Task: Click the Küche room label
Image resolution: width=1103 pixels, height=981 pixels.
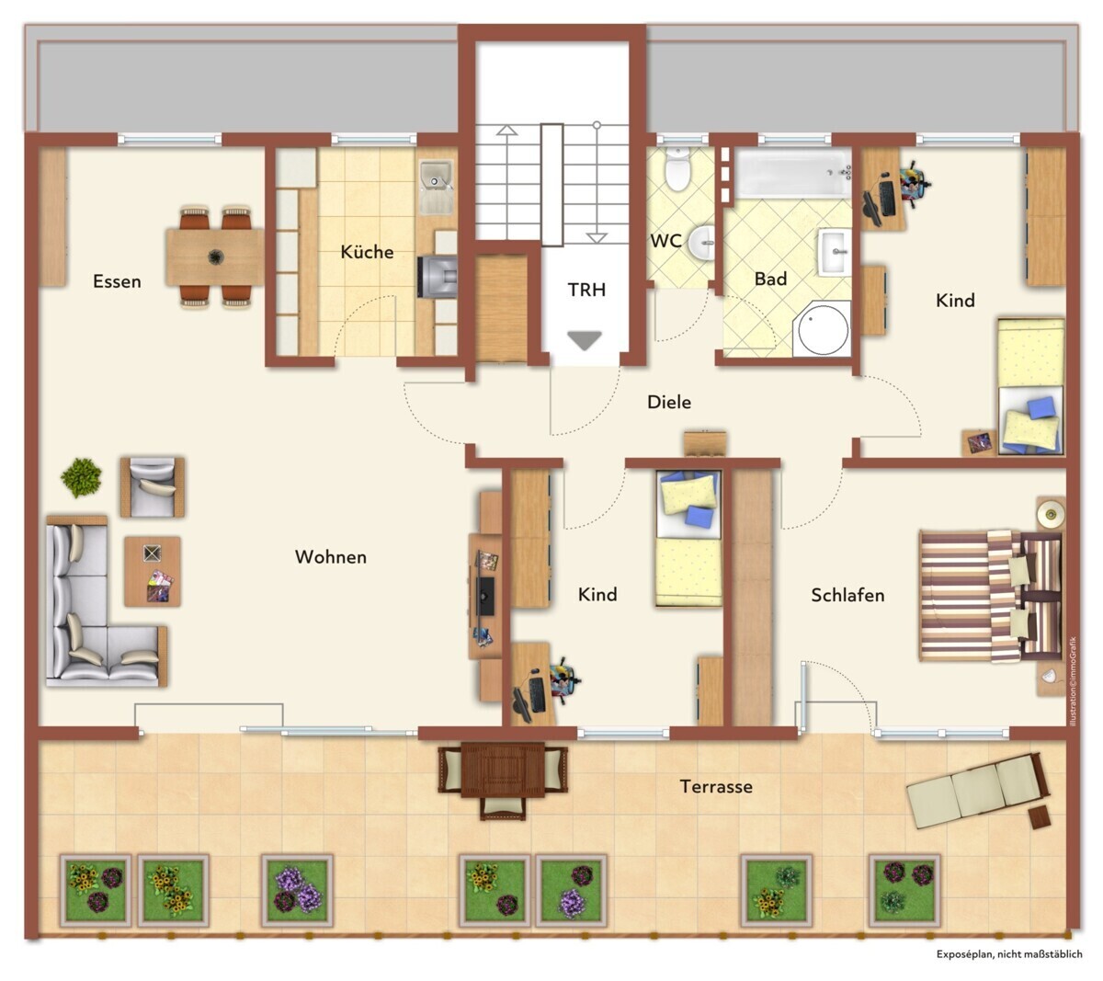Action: (x=367, y=252)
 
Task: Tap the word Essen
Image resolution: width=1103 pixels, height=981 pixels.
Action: (x=117, y=281)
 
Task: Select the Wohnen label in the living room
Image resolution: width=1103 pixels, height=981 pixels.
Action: (x=331, y=556)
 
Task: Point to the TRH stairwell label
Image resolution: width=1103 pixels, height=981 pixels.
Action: (x=586, y=290)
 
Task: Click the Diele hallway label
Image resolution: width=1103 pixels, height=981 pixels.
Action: (x=669, y=402)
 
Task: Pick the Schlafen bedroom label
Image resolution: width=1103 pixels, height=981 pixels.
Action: (x=847, y=595)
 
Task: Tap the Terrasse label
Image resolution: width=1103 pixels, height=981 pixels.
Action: (x=716, y=786)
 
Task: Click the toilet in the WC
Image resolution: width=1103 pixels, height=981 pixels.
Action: (x=677, y=169)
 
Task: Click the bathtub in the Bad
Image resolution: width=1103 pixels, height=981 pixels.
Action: (x=793, y=173)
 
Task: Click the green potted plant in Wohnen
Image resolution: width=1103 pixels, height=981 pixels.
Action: (x=81, y=478)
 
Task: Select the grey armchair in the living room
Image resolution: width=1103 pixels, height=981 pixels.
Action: (x=153, y=487)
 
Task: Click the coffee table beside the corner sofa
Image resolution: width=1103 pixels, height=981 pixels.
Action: (x=153, y=571)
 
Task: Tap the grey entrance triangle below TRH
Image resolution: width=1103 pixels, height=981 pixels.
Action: (x=585, y=340)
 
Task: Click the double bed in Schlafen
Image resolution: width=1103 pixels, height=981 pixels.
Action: (x=991, y=596)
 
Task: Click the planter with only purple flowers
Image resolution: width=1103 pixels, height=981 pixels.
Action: (x=297, y=891)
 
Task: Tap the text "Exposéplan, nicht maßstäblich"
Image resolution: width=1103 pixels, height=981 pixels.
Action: (x=1009, y=953)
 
